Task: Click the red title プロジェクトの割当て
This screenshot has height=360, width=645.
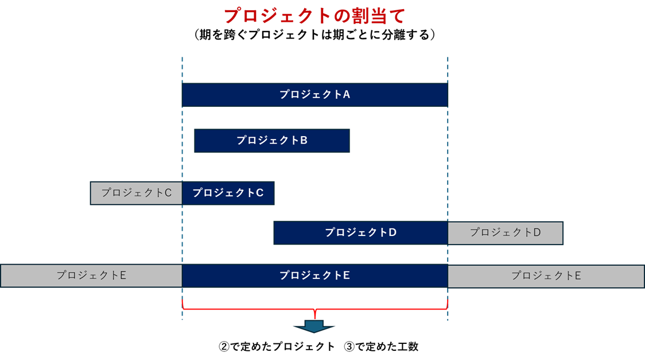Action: tap(314, 15)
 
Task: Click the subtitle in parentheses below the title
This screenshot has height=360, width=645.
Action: tap(314, 35)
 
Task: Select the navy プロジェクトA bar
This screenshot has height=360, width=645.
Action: tap(314, 95)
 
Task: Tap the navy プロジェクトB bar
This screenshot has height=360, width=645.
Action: tap(271, 141)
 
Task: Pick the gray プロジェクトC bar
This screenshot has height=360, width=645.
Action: tap(136, 193)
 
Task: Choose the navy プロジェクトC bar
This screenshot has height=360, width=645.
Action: tap(228, 193)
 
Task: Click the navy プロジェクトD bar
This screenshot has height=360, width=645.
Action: tap(360, 233)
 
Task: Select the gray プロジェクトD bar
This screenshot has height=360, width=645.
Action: tap(505, 233)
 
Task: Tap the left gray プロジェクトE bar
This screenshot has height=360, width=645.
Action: tap(91, 276)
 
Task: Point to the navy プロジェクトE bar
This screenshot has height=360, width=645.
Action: tap(314, 276)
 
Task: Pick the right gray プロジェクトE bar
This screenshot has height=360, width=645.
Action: tap(546, 276)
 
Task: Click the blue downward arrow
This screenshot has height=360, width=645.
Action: tap(314, 326)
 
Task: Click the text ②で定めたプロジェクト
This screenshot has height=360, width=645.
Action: tap(277, 347)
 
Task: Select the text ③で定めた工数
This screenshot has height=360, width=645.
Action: tap(382, 347)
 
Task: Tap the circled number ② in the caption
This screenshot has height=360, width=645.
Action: tap(224, 347)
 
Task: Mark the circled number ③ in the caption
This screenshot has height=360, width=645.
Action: tap(349, 347)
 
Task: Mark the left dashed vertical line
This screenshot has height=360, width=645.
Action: tap(182, 69)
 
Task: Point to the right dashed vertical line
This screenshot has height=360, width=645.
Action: tap(448, 69)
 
